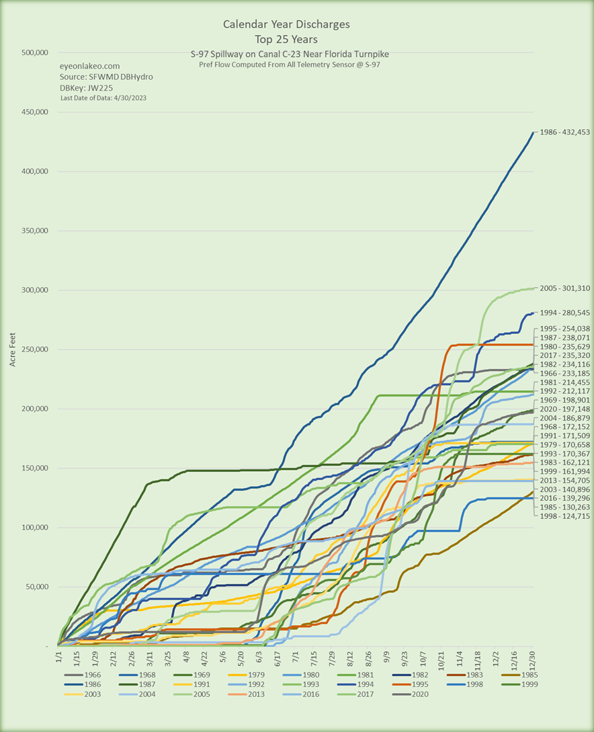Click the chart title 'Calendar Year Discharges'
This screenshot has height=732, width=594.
286,24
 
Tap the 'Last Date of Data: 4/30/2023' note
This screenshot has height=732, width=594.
103,98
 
